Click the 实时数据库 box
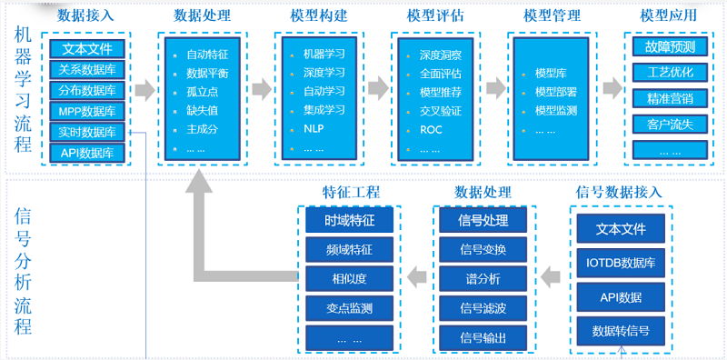[87, 133]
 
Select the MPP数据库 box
[87, 112]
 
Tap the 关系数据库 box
[87, 70]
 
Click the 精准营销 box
[670, 98]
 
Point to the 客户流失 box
[670, 123]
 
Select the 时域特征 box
[350, 220]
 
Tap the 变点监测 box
[350, 308]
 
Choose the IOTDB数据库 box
[622, 264]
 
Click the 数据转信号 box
[622, 329]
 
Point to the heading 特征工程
[351, 193]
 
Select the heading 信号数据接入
[620, 193]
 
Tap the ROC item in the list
[431, 129]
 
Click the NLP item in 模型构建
[314, 129]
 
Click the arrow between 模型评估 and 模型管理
[495, 89]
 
